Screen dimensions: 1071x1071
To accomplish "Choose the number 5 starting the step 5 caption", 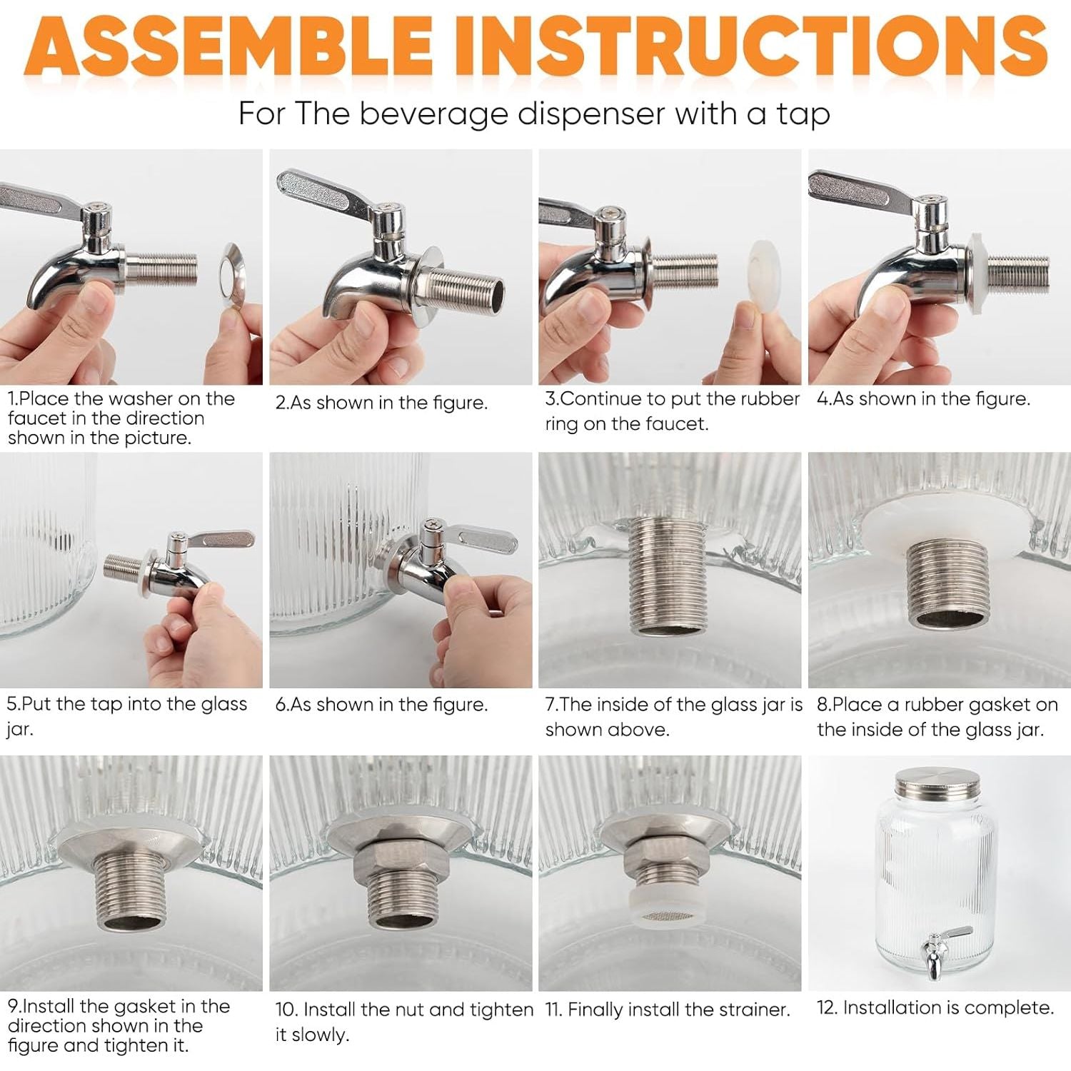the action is (x=12, y=704).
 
